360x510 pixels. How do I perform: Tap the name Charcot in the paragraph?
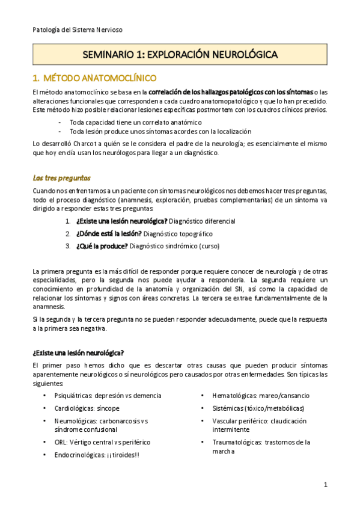pos(88,143)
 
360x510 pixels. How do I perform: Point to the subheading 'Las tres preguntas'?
pos(62,178)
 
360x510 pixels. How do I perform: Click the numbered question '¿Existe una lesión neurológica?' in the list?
pos(121,221)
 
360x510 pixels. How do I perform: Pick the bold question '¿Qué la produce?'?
pos(102,245)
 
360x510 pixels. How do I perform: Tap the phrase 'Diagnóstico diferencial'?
pos(203,221)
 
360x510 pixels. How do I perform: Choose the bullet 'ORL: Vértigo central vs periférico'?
pos(102,442)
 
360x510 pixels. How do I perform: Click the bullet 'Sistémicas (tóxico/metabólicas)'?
pos(258,408)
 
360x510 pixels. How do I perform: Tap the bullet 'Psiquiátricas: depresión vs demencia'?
pos(107,396)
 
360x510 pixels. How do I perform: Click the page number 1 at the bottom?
pos(325,485)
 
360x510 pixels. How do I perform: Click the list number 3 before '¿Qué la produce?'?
pos(68,245)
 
